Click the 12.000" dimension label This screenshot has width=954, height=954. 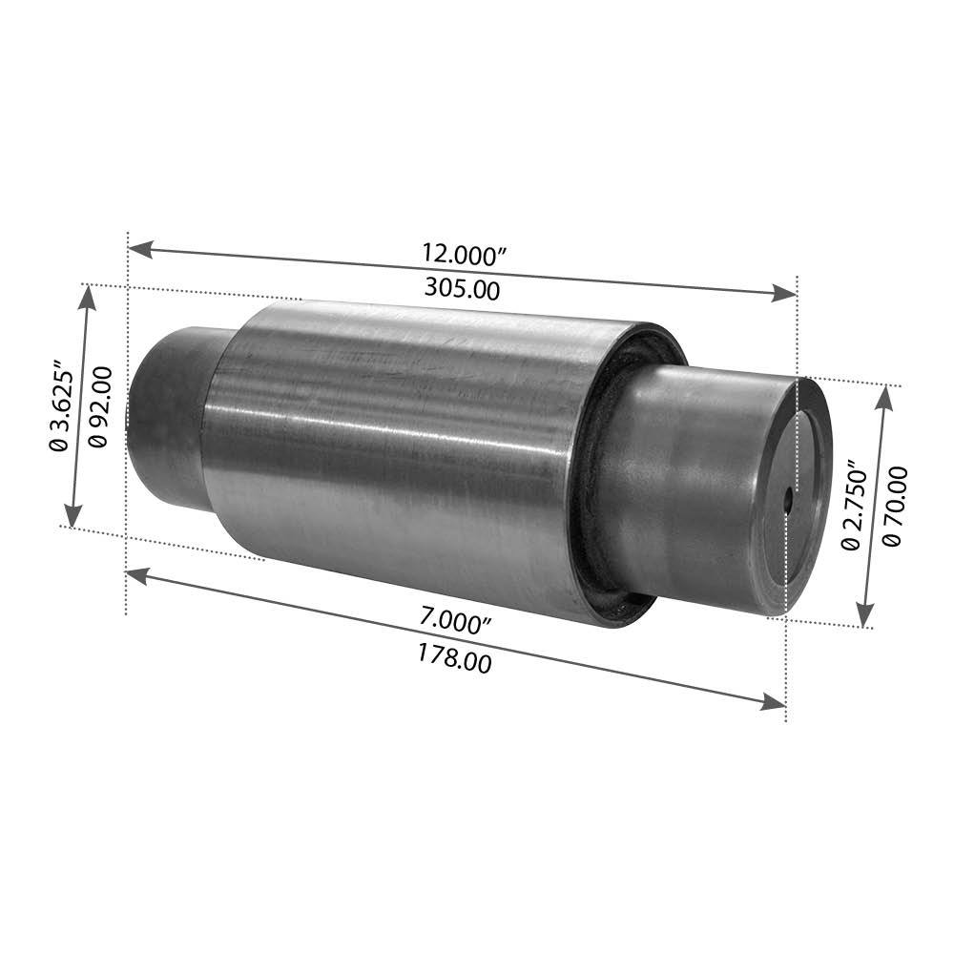465,255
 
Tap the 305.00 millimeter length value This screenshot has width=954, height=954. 463,288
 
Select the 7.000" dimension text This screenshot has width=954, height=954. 456,622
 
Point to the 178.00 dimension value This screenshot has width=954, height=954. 454,659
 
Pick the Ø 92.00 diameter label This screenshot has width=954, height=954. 100,406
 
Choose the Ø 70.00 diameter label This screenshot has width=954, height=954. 893,507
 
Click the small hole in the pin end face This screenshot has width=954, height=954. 788,500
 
